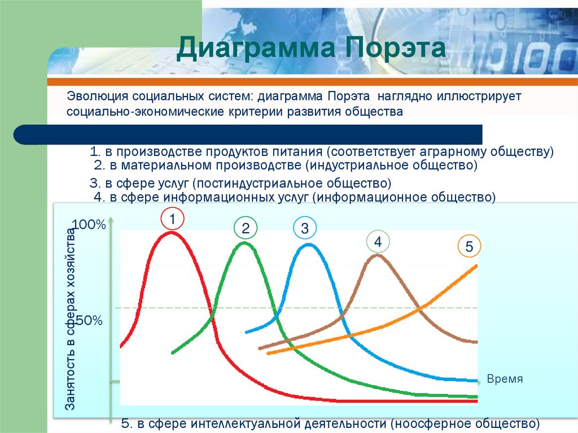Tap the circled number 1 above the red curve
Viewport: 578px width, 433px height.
(x=173, y=218)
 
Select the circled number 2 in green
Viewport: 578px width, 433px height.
(x=246, y=228)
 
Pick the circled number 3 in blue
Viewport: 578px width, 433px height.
(x=305, y=228)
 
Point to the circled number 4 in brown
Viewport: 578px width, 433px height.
(x=378, y=242)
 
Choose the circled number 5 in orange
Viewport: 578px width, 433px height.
(x=469, y=247)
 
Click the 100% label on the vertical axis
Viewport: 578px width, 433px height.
(x=89, y=225)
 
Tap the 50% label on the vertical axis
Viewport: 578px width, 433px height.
(x=89, y=321)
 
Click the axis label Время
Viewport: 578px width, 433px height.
(x=505, y=379)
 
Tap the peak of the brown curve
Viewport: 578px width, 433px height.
(x=377, y=255)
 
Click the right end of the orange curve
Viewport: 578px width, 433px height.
(x=476, y=266)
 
